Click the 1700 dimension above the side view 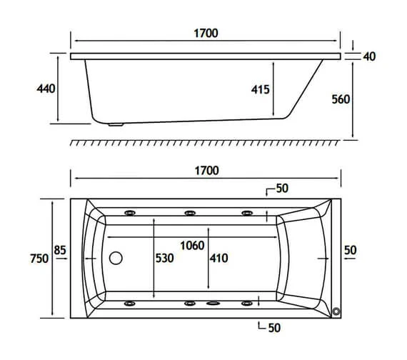pyautogui.click(x=206, y=34)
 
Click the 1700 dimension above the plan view pyautogui.click(x=206, y=171)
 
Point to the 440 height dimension pyautogui.click(x=46, y=89)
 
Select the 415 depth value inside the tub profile pyautogui.click(x=261, y=89)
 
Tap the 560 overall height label pyautogui.click(x=341, y=99)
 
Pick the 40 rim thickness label pyautogui.click(x=369, y=56)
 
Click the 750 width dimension pyautogui.click(x=39, y=259)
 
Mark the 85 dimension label pyautogui.click(x=60, y=250)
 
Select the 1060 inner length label pyautogui.click(x=192, y=246)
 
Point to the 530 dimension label pyautogui.click(x=164, y=258)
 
